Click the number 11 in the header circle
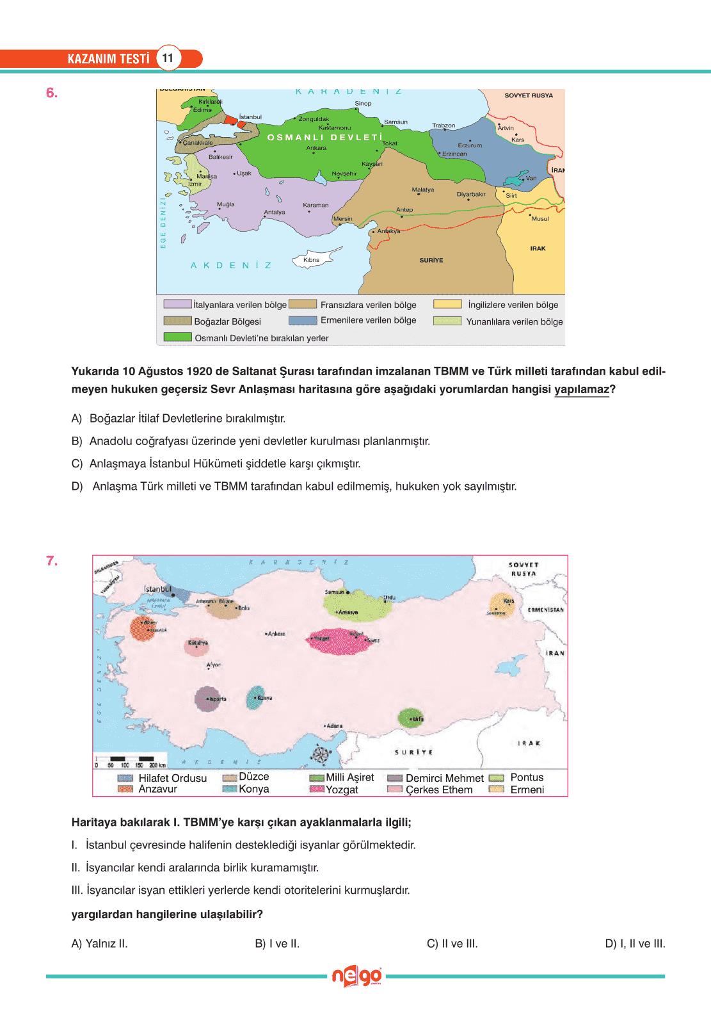(x=168, y=58)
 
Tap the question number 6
(x=52, y=93)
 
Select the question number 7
(x=52, y=561)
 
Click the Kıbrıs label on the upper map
(x=312, y=260)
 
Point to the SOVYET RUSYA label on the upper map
(x=529, y=95)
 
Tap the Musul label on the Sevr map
(x=540, y=219)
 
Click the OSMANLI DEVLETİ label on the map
(x=324, y=138)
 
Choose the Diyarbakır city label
(x=471, y=195)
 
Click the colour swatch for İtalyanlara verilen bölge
(x=177, y=304)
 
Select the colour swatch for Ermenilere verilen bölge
(x=303, y=320)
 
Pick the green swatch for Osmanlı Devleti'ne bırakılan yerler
(x=177, y=337)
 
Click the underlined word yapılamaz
(x=581, y=389)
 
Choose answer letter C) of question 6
(x=77, y=464)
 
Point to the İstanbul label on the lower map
(x=157, y=588)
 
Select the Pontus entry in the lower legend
(x=526, y=777)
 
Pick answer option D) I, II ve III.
(x=635, y=943)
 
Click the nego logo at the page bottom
(x=356, y=976)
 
